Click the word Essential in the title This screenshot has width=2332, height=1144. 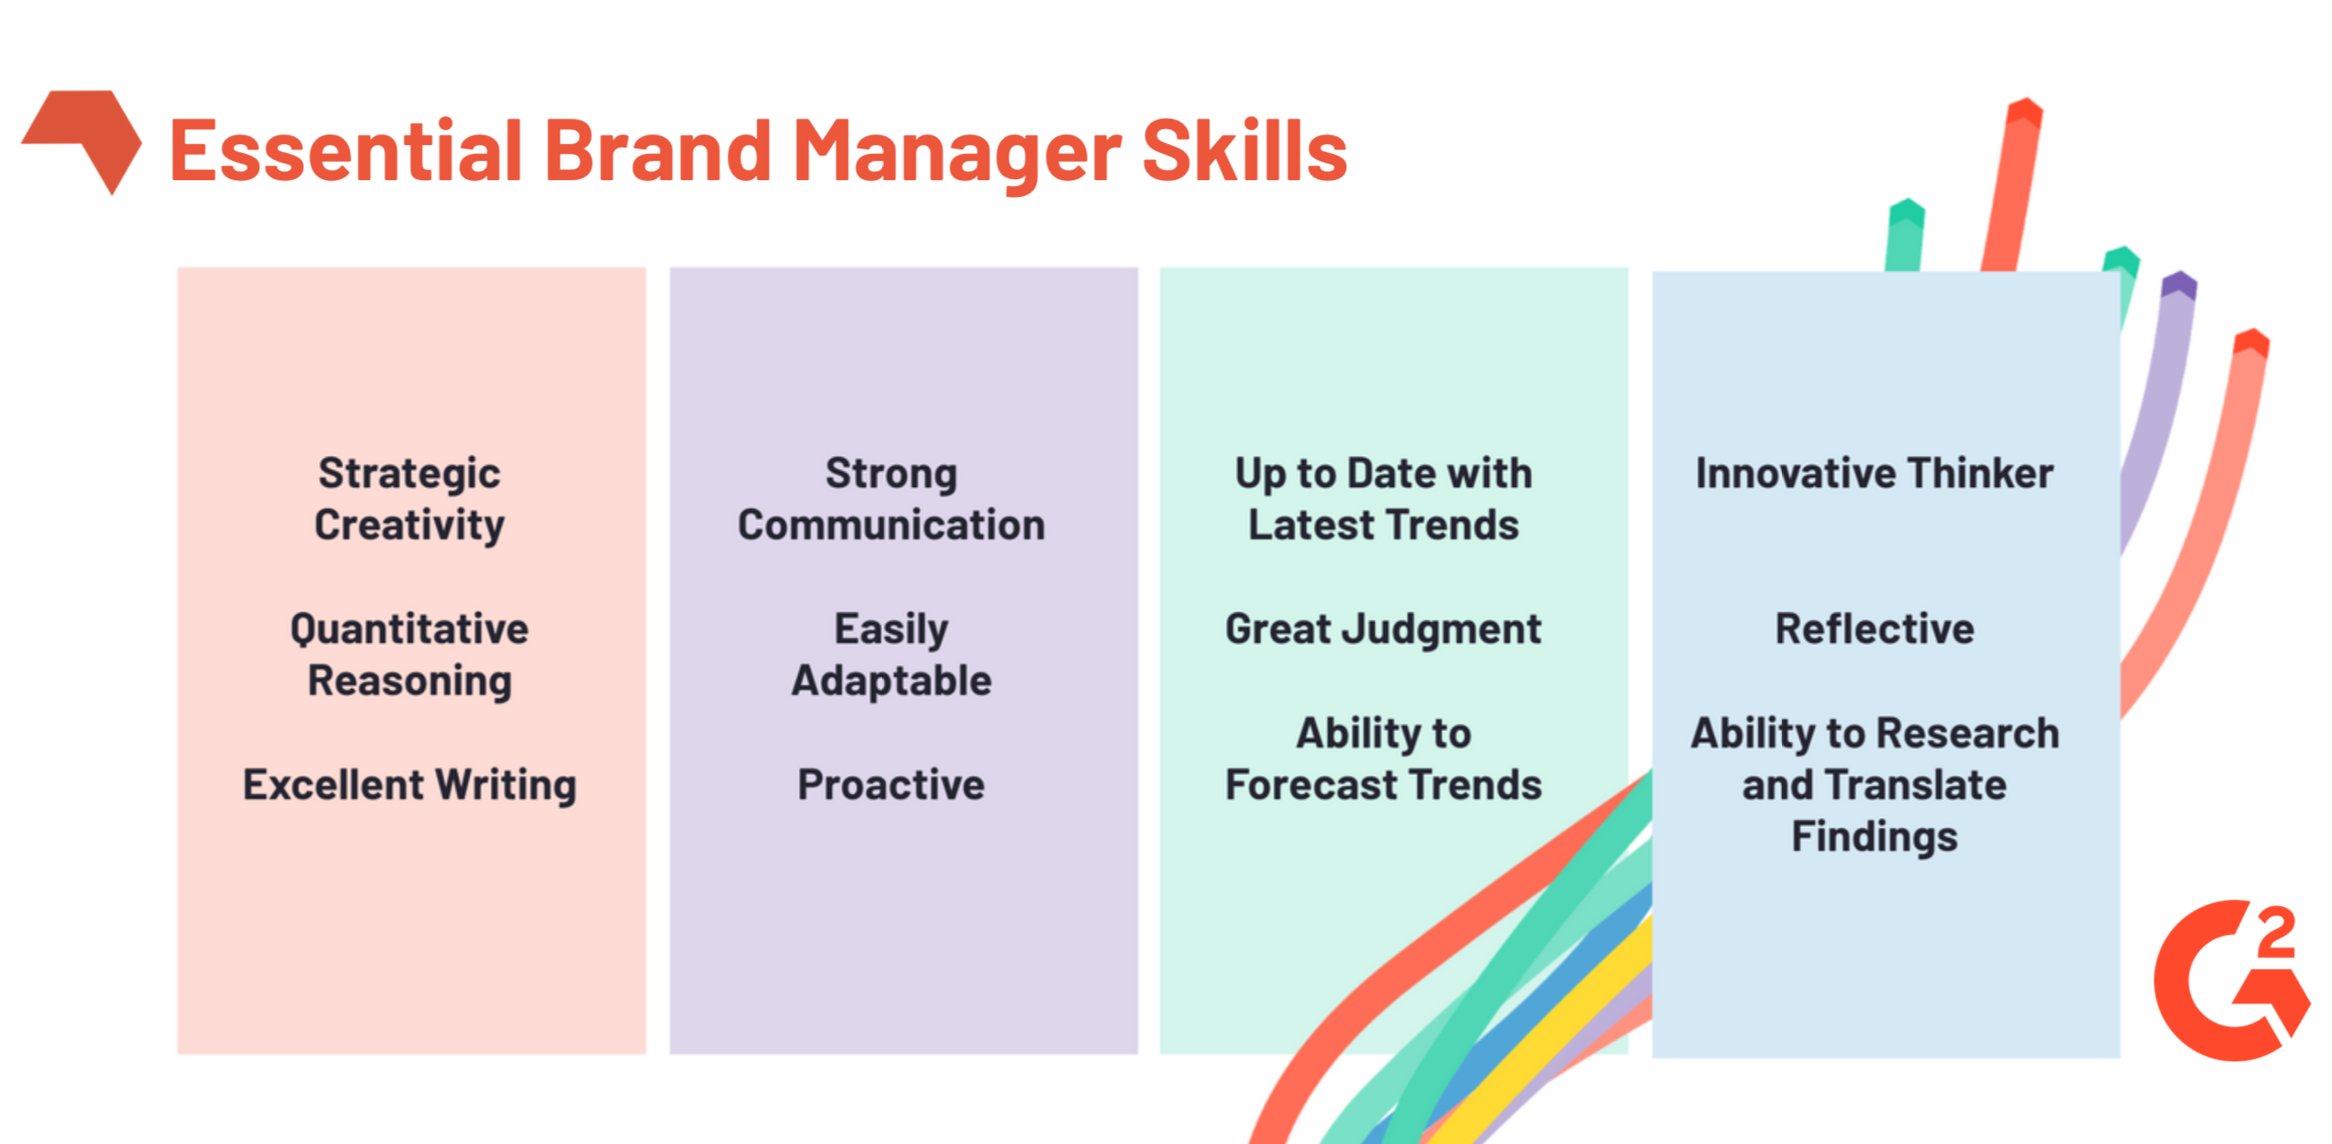[x=346, y=150]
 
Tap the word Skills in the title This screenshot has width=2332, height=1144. [x=1245, y=150]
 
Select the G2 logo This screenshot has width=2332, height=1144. [x=2232, y=981]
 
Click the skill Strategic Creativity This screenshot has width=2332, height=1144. [x=409, y=499]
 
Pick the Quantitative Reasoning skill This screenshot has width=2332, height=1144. [x=409, y=655]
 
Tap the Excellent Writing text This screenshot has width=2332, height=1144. [x=409, y=785]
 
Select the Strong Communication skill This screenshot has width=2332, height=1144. [x=892, y=499]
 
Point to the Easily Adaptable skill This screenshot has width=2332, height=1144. [x=892, y=655]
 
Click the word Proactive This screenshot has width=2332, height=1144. [x=892, y=785]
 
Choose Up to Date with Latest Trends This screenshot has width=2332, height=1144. [x=1383, y=499]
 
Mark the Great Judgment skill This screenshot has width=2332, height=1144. [x=1383, y=629]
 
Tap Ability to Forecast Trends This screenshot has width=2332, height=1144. [x=1383, y=758]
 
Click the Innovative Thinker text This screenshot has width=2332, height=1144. [x=1875, y=474]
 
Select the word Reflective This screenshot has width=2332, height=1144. [x=1875, y=628]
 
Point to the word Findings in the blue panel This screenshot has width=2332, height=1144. [x=1875, y=837]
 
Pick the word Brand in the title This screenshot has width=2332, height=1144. [x=658, y=150]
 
